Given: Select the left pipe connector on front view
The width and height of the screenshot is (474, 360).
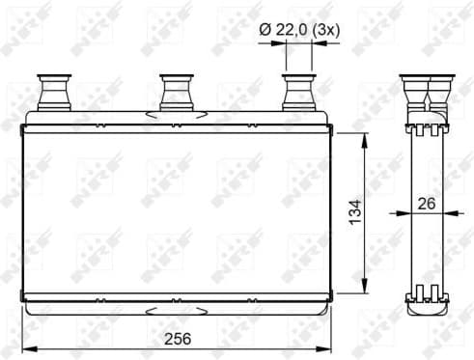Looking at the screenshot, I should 51,93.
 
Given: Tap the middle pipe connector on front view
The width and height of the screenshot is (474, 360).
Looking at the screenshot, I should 176,93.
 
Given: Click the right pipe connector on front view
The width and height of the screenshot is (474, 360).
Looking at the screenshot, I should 297,93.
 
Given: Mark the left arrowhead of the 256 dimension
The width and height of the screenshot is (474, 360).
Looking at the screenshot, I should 26,349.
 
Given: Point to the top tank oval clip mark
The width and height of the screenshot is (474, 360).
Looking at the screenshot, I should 176,116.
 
